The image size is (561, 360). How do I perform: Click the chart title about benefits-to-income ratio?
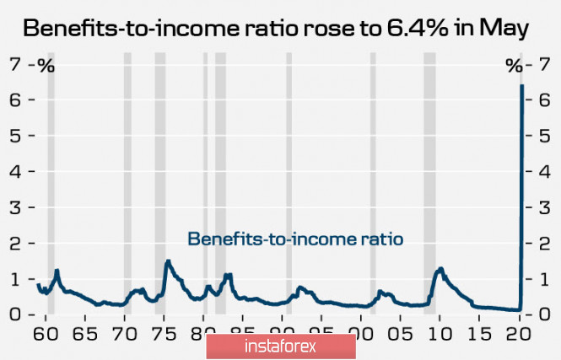tap(275, 28)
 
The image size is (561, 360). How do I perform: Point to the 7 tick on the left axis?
tap(14, 64)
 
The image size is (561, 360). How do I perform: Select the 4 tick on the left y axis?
tap(14, 171)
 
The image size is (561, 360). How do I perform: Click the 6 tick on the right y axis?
tap(547, 99)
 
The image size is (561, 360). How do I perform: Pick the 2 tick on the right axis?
tap(547, 243)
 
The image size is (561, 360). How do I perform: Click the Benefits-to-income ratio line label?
tap(295, 239)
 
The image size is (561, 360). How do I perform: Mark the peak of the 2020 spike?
tap(522, 85)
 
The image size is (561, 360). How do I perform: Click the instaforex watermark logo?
tap(280, 346)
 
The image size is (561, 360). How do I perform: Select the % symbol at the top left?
tap(46, 66)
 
